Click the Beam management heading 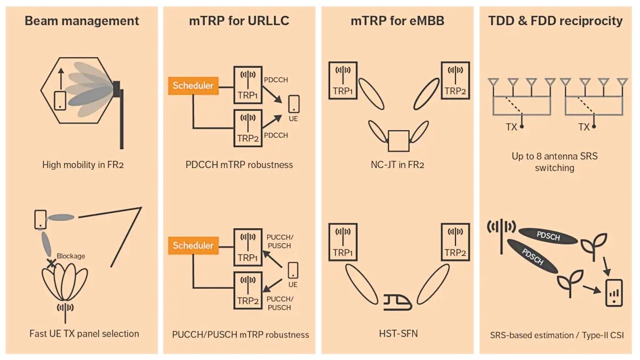point(82,21)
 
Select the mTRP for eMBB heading point(397,21)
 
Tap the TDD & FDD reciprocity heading point(555,21)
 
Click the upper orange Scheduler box point(193,86)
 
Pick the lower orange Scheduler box point(193,245)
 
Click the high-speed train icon point(397,302)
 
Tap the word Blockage point(71,256)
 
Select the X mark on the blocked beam point(51,263)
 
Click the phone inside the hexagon point(60,101)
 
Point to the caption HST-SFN point(398,334)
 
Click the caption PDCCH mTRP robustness point(239,165)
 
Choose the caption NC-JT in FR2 point(397,165)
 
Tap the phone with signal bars point(614,293)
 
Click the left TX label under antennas point(511,127)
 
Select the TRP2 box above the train point(455,242)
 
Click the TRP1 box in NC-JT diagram point(343,81)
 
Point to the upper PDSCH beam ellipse point(548,236)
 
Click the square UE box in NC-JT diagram point(398,141)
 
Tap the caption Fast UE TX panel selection point(84,334)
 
